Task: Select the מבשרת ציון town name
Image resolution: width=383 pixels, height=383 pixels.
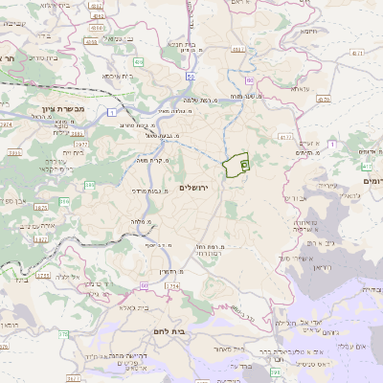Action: tap(58, 109)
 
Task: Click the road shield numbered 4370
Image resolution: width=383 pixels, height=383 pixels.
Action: tap(324, 99)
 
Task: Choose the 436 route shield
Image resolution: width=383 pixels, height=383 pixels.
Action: tap(139, 62)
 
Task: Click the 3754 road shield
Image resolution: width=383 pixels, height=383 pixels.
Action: tap(42, 276)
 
